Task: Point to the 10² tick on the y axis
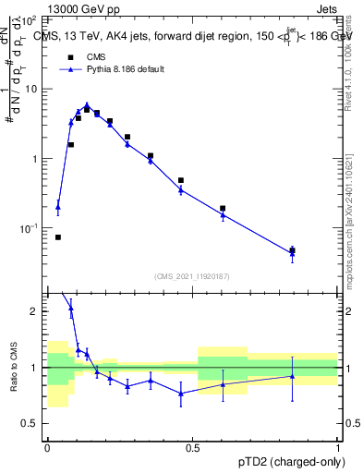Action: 34,19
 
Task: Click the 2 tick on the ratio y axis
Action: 38,311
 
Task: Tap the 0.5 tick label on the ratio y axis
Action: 33,424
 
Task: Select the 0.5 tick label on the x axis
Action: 193,448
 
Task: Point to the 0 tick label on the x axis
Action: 47,448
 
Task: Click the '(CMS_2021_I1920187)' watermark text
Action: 192,276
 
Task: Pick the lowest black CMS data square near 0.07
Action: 58,237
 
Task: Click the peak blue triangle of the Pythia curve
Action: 87,105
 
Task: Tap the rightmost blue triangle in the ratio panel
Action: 292,376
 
